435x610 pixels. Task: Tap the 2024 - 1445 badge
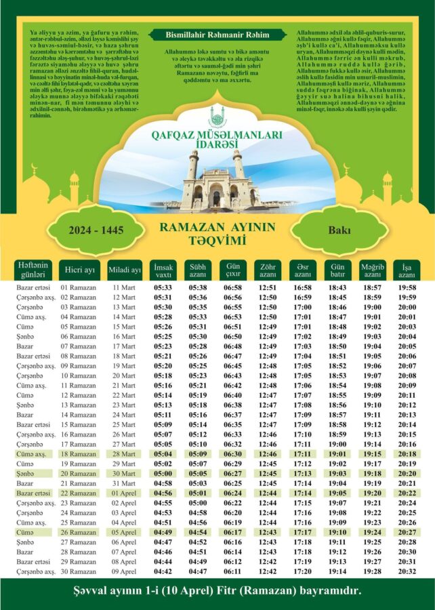coord(96,230)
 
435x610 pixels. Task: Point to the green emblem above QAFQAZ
coord(217,116)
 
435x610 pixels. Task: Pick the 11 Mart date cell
coord(124,288)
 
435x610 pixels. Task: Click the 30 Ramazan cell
coord(79,571)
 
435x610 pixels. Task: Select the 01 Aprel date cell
coord(124,494)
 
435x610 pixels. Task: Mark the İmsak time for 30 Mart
coord(162,474)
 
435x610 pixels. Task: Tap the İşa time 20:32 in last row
coord(407,571)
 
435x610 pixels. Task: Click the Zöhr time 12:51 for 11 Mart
coord(268,288)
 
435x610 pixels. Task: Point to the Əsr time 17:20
coord(302,571)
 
